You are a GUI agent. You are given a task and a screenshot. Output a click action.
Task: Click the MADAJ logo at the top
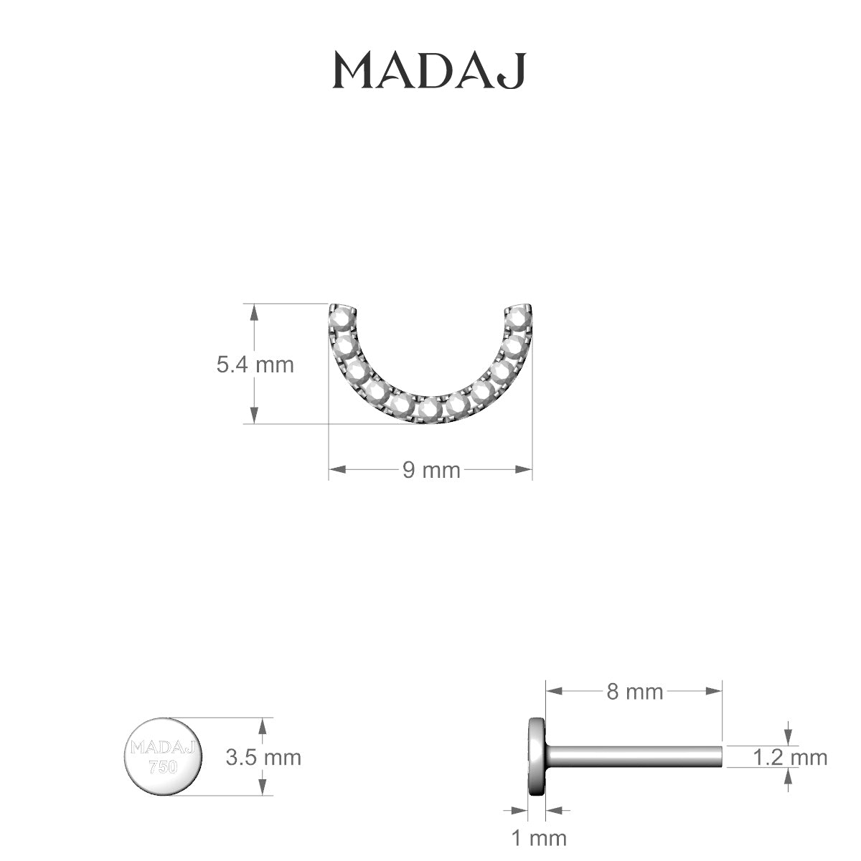click(429, 70)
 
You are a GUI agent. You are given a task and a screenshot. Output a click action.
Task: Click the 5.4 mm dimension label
click(255, 365)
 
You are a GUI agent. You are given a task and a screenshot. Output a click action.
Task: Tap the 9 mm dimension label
click(431, 471)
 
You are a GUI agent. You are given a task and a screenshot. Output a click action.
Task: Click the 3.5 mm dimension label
click(263, 758)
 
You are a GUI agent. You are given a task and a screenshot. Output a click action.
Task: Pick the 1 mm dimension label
click(540, 838)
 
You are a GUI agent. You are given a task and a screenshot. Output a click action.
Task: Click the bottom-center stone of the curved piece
click(430, 408)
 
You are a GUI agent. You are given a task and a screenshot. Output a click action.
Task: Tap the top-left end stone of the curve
click(341, 318)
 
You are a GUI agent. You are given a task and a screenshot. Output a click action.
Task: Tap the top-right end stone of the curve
click(520, 318)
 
